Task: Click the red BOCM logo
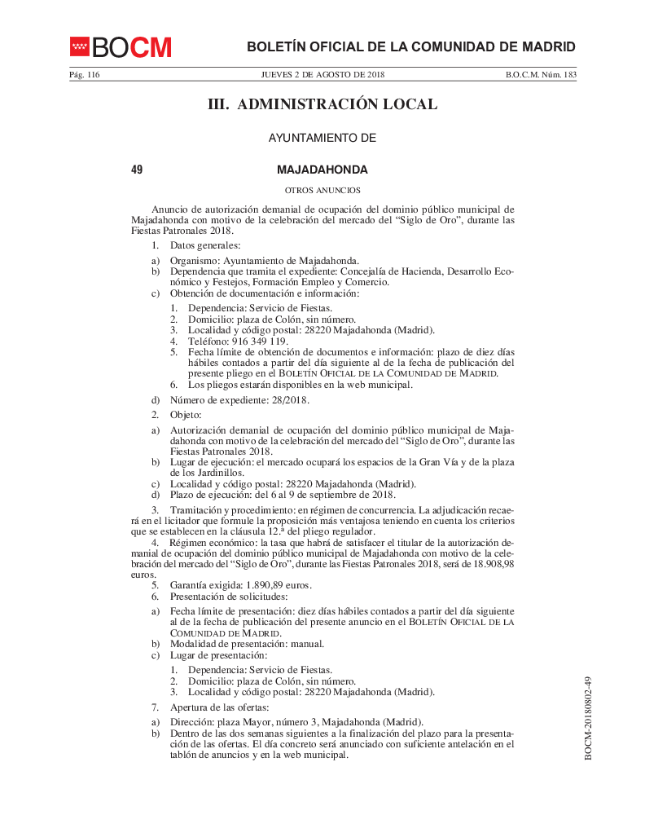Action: point(121,47)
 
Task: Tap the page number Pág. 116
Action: point(85,75)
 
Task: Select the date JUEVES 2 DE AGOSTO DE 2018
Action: point(322,75)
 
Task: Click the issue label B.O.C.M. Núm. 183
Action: point(541,75)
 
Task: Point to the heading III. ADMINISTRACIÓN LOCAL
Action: point(322,105)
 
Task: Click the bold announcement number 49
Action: point(137,170)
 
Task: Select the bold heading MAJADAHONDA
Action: point(322,170)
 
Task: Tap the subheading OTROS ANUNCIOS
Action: point(322,190)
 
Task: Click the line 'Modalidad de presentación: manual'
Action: point(247,644)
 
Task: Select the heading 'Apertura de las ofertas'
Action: point(219,707)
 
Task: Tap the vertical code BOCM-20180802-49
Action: point(588,717)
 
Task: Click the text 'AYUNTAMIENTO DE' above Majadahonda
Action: point(322,139)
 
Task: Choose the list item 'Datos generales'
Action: point(204,244)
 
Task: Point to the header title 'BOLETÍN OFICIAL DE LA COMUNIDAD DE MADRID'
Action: point(410,46)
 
